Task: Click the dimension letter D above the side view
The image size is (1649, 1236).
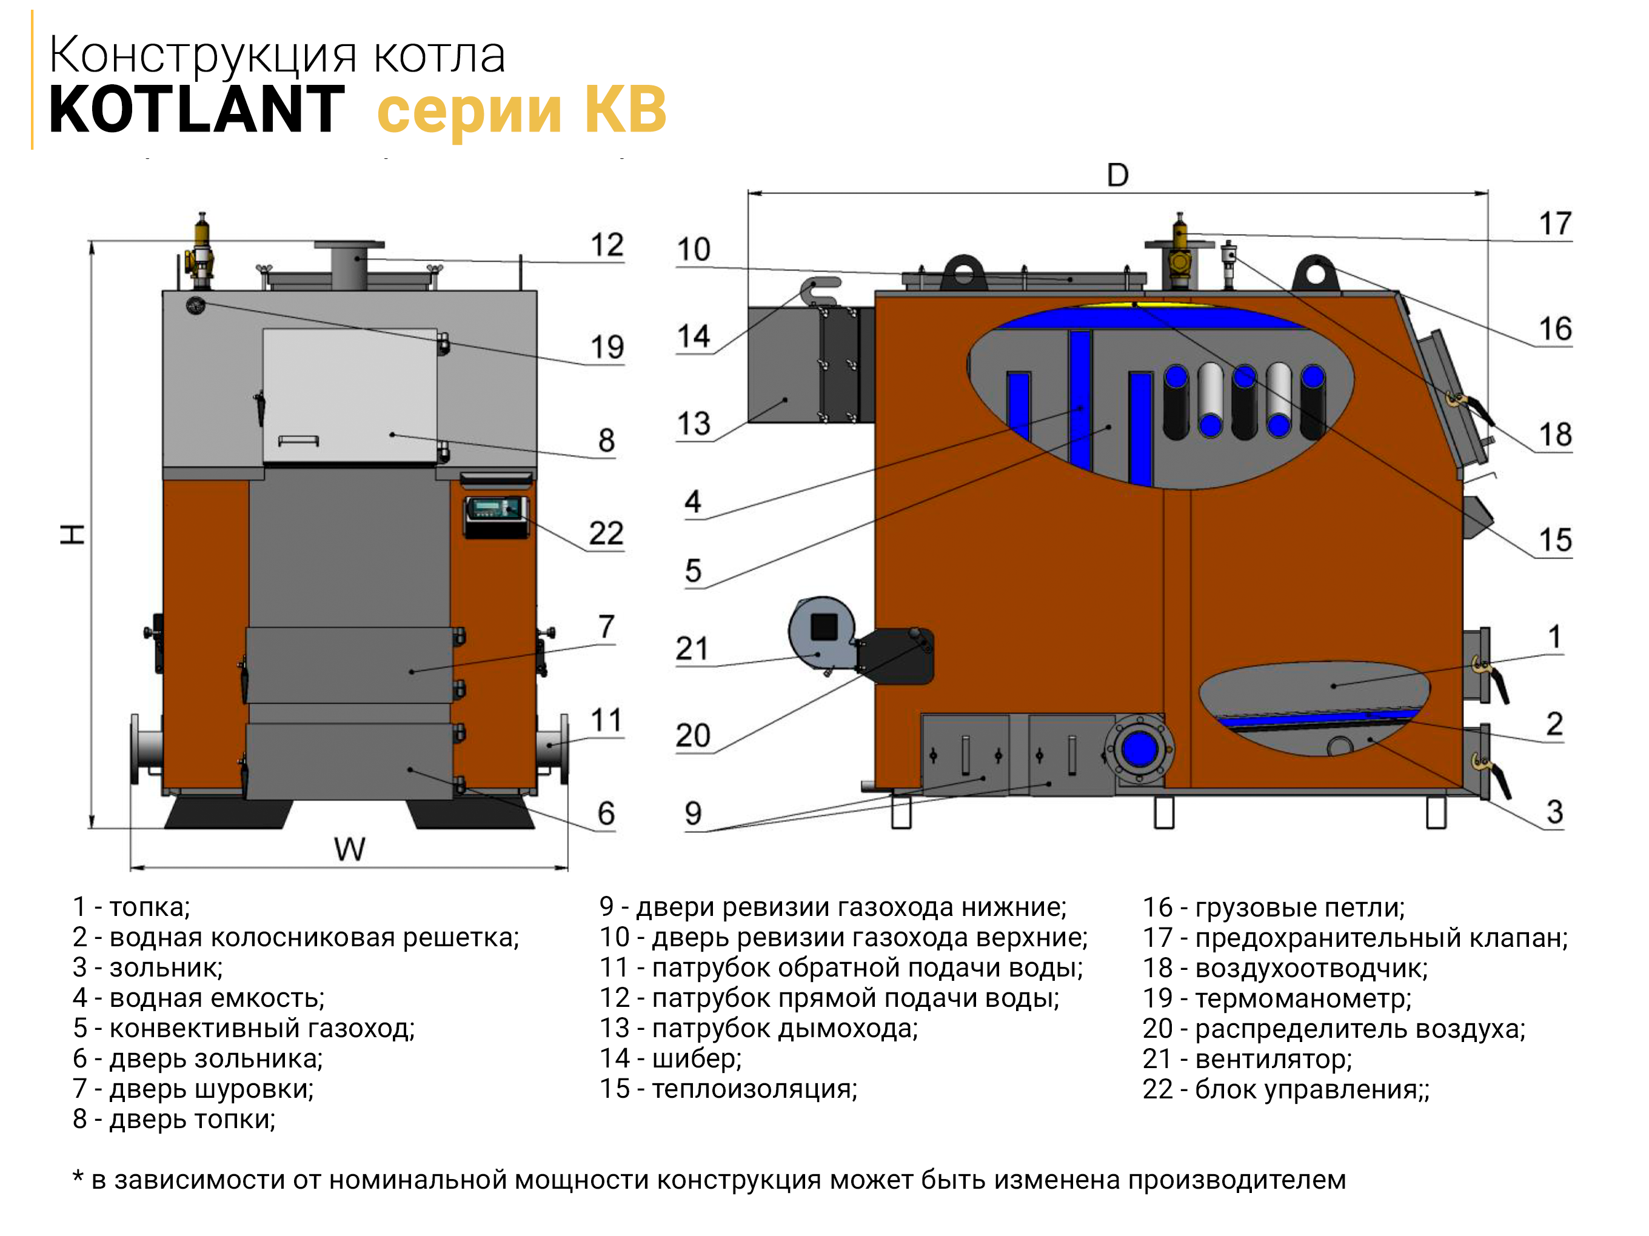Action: tap(1117, 175)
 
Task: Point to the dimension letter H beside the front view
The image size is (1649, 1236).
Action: tap(72, 534)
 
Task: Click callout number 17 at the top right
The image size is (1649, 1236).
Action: tap(1555, 224)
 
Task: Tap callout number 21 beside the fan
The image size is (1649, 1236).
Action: tap(692, 649)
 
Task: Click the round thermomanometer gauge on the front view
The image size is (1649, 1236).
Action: tap(195, 304)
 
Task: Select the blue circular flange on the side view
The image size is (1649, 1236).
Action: tap(1139, 749)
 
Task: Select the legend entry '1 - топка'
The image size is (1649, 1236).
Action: tap(131, 907)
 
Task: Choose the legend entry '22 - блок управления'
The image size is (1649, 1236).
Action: tap(1286, 1090)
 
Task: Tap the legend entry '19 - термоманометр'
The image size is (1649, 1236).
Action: tap(1277, 998)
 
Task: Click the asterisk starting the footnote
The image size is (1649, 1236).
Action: tap(78, 1177)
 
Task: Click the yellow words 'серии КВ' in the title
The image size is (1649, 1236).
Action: tap(522, 110)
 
